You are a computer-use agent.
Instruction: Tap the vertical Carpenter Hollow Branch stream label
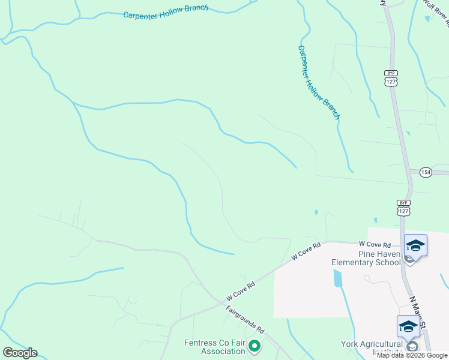pos(319,82)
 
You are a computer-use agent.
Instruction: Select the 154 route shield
pos(426,172)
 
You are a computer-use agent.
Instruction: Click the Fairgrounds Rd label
pos(246,320)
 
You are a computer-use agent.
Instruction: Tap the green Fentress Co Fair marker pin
pos(255,346)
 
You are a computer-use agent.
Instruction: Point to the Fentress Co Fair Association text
pos(215,348)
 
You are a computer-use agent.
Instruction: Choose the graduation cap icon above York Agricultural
pos(408,326)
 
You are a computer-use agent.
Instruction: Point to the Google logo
pos(20,353)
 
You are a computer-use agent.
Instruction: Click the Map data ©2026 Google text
pos(412,355)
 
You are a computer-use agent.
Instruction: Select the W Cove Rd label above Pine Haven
pos(375,245)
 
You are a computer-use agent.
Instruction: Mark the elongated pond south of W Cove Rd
pos(337,278)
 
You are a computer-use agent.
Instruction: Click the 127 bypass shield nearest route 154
pos(403,208)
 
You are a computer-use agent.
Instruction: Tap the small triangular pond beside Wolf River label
pos(427,19)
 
